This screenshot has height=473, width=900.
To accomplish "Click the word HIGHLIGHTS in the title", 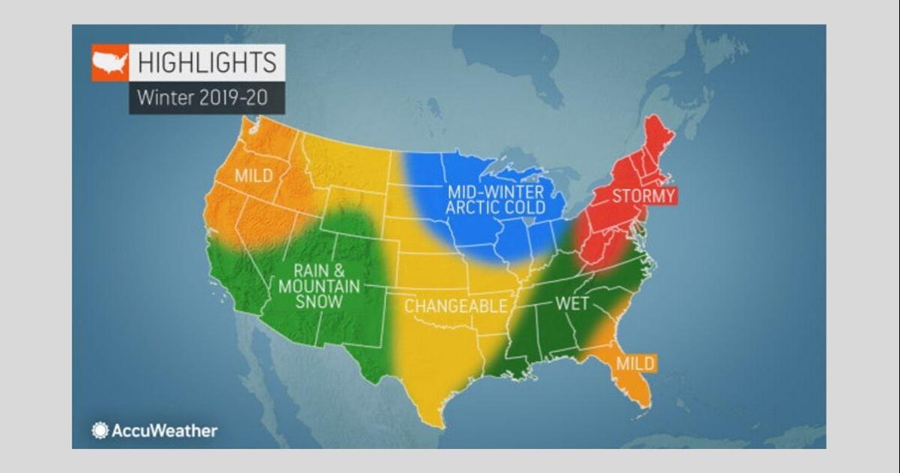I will pos(206,63).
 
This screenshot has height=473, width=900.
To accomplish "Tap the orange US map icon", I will pos(110,63).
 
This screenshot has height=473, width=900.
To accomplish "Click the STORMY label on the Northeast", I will pos(643,196).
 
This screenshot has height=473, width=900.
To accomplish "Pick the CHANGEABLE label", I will pos(455,306).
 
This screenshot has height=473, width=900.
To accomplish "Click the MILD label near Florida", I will pos(635,363).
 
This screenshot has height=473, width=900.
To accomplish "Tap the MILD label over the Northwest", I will pos(254,175).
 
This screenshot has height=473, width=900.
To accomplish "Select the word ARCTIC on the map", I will pos(473,206).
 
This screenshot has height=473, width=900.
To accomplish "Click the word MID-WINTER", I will pos(495,191).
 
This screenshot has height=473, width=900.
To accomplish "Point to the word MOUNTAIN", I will pos(319,286).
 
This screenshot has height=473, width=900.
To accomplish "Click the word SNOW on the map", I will pos(319,301).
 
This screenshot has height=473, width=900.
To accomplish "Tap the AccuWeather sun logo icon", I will pos(100,431).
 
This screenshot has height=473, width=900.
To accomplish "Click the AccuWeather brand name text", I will pos(164,431).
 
